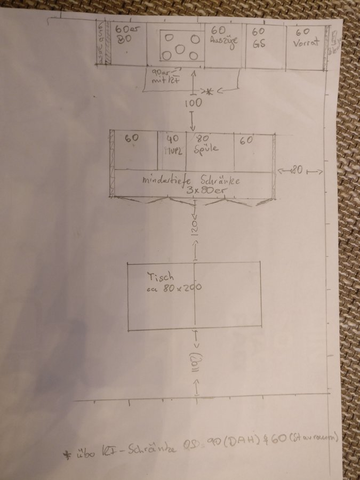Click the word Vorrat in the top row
(x=306, y=43)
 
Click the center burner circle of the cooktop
(x=180, y=49)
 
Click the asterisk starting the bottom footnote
(x=67, y=454)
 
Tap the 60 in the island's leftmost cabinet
(x=132, y=138)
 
